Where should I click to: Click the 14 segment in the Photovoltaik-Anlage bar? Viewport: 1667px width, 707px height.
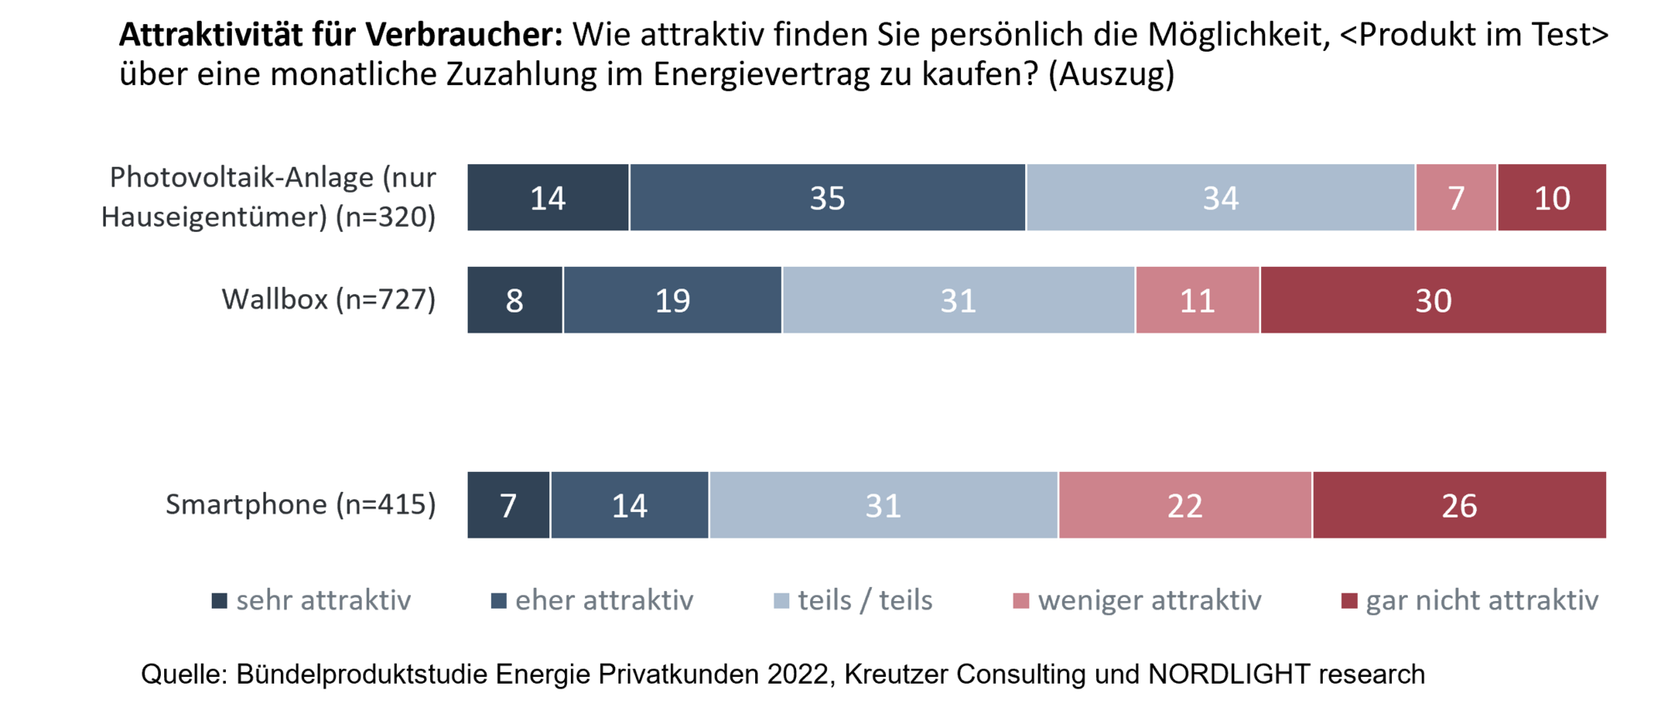tap(548, 198)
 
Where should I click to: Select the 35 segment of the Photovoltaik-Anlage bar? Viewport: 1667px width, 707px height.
tap(827, 198)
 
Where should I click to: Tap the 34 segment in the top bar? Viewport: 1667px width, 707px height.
tap(1220, 198)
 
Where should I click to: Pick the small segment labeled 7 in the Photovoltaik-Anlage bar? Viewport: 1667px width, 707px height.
tap(1456, 198)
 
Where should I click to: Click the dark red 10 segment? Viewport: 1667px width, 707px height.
tap(1552, 198)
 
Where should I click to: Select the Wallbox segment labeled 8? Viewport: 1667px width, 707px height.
tap(514, 300)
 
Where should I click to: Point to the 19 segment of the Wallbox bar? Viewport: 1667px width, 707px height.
tap(672, 300)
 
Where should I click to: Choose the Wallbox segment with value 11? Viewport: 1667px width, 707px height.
tap(1197, 300)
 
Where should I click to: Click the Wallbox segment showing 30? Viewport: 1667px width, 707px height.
tap(1433, 300)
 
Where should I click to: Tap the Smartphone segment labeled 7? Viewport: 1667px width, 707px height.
tap(508, 505)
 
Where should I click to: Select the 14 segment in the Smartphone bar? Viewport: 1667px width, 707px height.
tap(629, 505)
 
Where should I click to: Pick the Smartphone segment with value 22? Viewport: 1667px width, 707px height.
tap(1184, 505)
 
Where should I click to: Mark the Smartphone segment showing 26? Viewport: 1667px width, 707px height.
tap(1459, 505)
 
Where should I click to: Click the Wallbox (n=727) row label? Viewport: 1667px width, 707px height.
tap(328, 299)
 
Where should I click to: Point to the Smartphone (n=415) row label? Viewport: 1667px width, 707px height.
tap(300, 504)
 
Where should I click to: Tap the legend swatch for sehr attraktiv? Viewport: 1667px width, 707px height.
tap(219, 600)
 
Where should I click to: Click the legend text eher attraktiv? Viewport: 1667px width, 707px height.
tap(604, 600)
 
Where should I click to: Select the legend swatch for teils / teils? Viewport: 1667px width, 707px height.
tap(781, 600)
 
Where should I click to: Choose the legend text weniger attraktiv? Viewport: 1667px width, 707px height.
tap(1149, 600)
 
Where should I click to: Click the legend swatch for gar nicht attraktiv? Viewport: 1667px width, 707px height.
tap(1349, 600)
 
